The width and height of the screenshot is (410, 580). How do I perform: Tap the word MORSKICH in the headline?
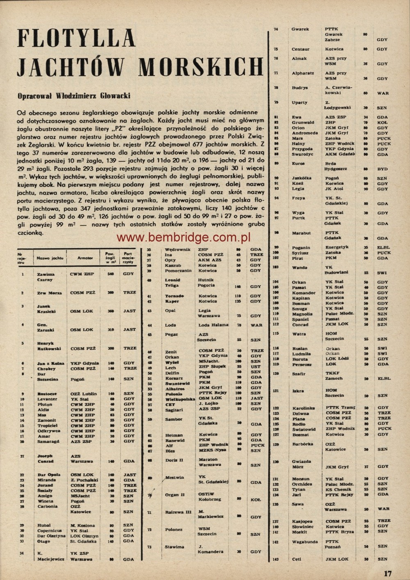200,67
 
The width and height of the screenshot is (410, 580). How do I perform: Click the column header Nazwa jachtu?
50,258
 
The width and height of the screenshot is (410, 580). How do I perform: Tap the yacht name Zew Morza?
49,293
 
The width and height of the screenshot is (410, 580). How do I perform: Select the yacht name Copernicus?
49,530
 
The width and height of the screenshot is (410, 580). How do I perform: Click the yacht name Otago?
42,541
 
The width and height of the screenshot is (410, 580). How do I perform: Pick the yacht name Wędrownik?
176,249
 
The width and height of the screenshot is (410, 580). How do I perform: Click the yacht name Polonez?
173,530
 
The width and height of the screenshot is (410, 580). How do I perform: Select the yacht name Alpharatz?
303,73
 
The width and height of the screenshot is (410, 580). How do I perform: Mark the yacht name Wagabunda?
305,541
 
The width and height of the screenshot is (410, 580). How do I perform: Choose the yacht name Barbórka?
303,444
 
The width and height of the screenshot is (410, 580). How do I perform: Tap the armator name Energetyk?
337,247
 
